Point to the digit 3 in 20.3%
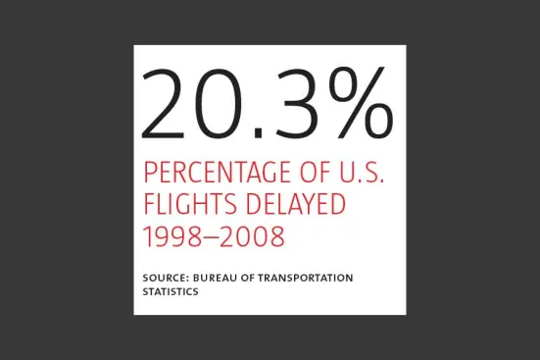point(295,103)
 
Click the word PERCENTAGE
point(218,172)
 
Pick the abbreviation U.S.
point(362,172)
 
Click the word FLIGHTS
point(190,203)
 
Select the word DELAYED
point(296,203)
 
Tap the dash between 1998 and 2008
point(214,237)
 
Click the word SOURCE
point(164,278)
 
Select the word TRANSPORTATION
point(306,278)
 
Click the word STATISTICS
point(171,291)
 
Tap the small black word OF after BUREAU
point(247,278)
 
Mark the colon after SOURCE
point(186,279)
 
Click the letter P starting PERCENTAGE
point(150,172)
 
